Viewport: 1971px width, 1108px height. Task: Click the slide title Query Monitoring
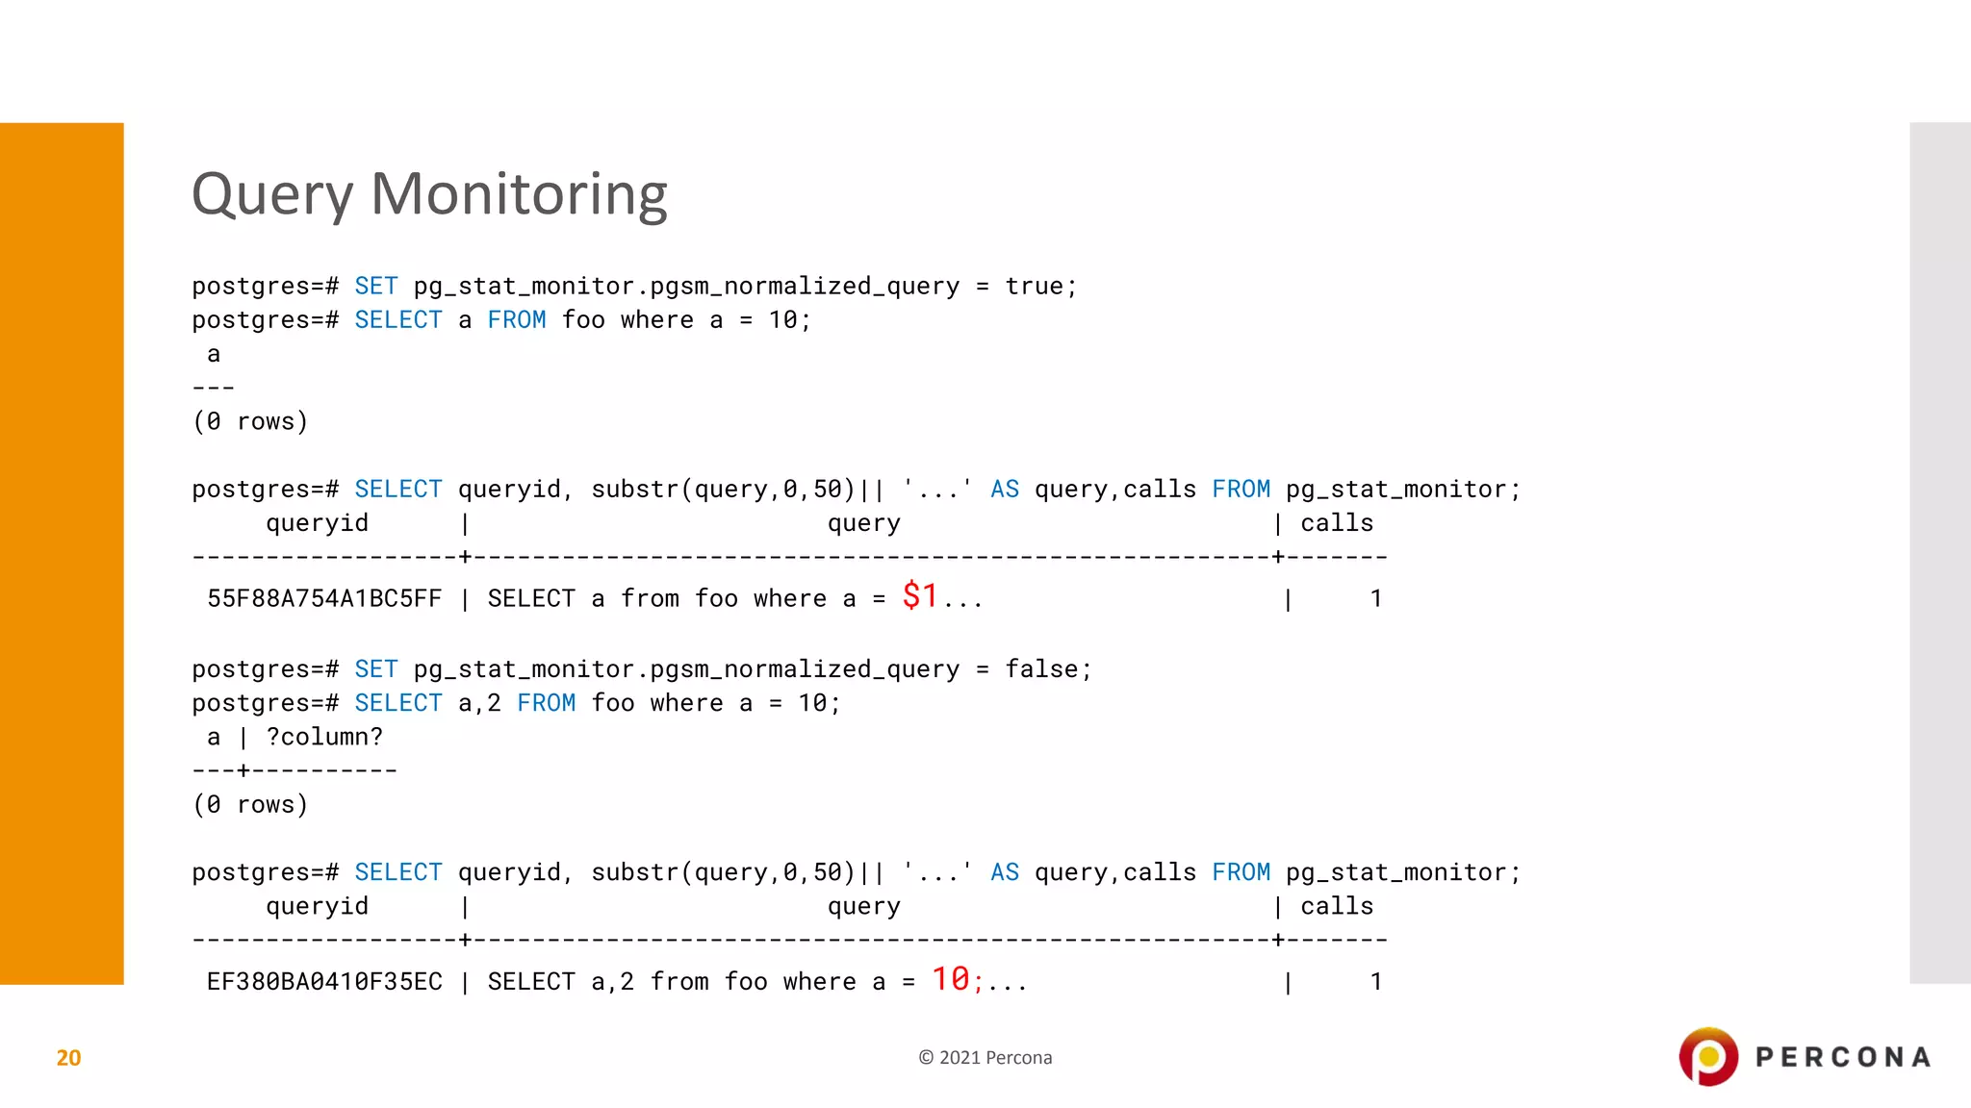point(429,194)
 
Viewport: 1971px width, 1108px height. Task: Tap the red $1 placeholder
point(920,596)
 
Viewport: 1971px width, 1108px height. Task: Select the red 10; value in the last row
point(957,979)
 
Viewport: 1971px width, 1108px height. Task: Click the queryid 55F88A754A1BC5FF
point(324,599)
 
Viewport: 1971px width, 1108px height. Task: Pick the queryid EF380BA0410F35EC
point(324,982)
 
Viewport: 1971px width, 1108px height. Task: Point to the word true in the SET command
point(1035,287)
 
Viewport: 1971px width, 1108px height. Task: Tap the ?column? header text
point(324,738)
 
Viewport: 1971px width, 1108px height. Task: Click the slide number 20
point(68,1058)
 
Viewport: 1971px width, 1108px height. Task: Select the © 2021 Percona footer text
point(985,1058)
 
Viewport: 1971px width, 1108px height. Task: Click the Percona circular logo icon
point(1708,1057)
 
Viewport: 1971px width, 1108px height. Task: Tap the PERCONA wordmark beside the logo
point(1843,1058)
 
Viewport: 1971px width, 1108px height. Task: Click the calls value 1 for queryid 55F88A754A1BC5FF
point(1376,599)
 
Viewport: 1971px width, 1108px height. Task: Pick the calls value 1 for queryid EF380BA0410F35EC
point(1376,982)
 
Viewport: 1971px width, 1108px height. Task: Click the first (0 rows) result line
point(250,422)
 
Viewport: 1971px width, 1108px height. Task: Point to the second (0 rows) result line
point(250,805)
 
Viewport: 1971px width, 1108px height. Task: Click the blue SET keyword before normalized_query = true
point(375,287)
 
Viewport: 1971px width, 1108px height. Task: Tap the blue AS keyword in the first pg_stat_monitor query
point(1005,490)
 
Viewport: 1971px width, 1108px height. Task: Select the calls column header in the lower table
point(1337,907)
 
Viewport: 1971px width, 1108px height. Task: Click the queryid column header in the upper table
point(317,524)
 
